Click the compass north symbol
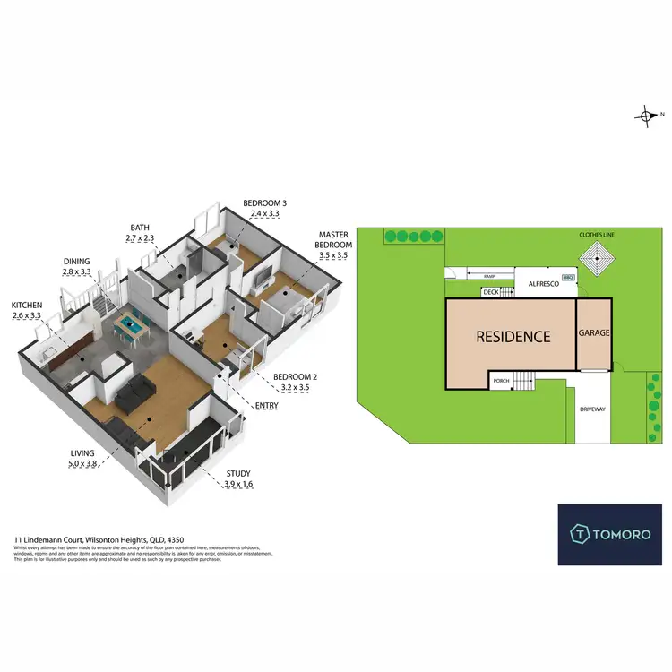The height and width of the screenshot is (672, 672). click(646, 115)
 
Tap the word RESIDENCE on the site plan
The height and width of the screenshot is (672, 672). click(513, 337)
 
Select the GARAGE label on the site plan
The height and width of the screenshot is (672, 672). click(593, 332)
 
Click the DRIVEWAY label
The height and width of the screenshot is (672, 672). click(593, 409)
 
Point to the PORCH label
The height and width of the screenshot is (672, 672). click(502, 381)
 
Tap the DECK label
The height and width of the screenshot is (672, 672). click(490, 292)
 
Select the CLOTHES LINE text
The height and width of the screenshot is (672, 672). click(596, 235)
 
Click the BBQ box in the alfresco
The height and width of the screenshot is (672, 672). click(567, 277)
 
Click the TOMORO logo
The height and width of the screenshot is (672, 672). click(610, 534)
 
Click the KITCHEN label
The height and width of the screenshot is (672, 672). click(26, 305)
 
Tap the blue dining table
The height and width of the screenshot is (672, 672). click(131, 326)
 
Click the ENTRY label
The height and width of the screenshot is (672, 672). click(266, 406)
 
